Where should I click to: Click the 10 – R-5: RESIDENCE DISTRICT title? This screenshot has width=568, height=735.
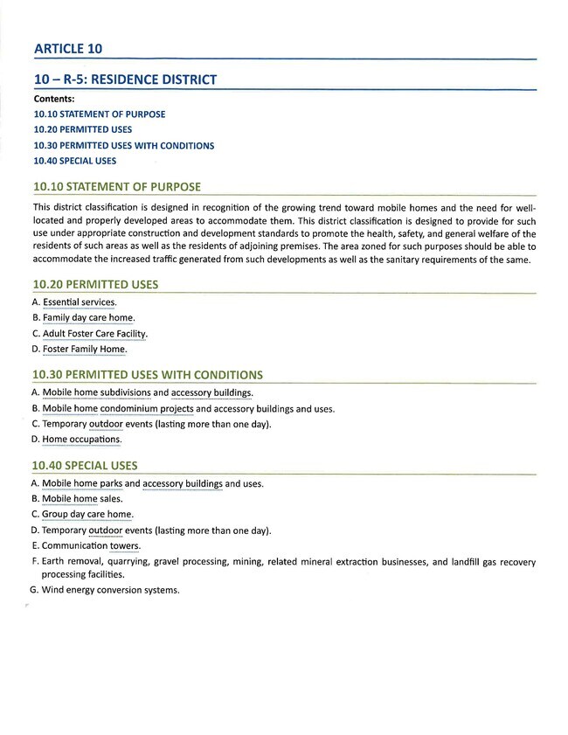coord(124,80)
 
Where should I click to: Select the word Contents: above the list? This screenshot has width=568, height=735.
coord(54,99)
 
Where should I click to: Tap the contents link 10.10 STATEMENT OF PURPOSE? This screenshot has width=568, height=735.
coord(99,114)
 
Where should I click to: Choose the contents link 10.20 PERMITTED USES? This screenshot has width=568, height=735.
coord(83,130)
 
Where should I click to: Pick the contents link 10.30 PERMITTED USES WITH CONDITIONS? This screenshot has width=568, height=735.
coord(123,146)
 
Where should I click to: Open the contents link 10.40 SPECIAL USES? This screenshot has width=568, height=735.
coord(74,161)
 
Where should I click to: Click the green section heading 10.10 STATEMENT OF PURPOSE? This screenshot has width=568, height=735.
coord(116,187)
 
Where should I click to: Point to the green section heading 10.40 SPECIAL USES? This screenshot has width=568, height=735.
coord(85,466)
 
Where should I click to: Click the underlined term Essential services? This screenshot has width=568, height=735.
coord(80,302)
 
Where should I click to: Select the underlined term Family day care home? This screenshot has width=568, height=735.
coord(88,318)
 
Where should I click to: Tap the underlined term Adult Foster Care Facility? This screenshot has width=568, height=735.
coord(95,334)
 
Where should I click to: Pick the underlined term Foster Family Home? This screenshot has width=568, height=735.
coord(85,350)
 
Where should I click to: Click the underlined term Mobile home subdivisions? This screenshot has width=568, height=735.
coord(96,393)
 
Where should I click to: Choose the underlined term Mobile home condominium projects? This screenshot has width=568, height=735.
coord(118,408)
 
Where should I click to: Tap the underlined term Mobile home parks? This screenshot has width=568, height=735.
coord(82,483)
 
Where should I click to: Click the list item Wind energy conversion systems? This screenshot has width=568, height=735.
coord(111,590)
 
